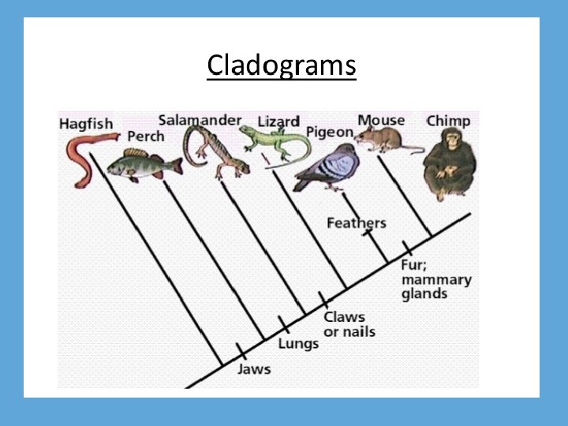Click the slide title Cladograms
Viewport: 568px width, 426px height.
pos(282,65)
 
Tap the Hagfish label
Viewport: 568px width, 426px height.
pos(85,125)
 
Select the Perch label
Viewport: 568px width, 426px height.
pos(146,136)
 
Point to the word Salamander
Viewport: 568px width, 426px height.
pos(200,120)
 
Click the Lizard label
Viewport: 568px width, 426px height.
pos(279,121)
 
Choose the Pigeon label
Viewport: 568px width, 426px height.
pos(330,133)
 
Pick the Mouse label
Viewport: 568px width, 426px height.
pos(381,120)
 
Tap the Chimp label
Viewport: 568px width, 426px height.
pos(448,121)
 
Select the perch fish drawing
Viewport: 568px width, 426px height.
pos(142,163)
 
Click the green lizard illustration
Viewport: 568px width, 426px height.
pos(276,142)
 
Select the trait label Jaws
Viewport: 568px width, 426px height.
pos(254,369)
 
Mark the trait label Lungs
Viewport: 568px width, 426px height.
pos(298,343)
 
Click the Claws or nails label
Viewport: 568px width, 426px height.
pos(349,324)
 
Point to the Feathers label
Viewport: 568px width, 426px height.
pos(357,223)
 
